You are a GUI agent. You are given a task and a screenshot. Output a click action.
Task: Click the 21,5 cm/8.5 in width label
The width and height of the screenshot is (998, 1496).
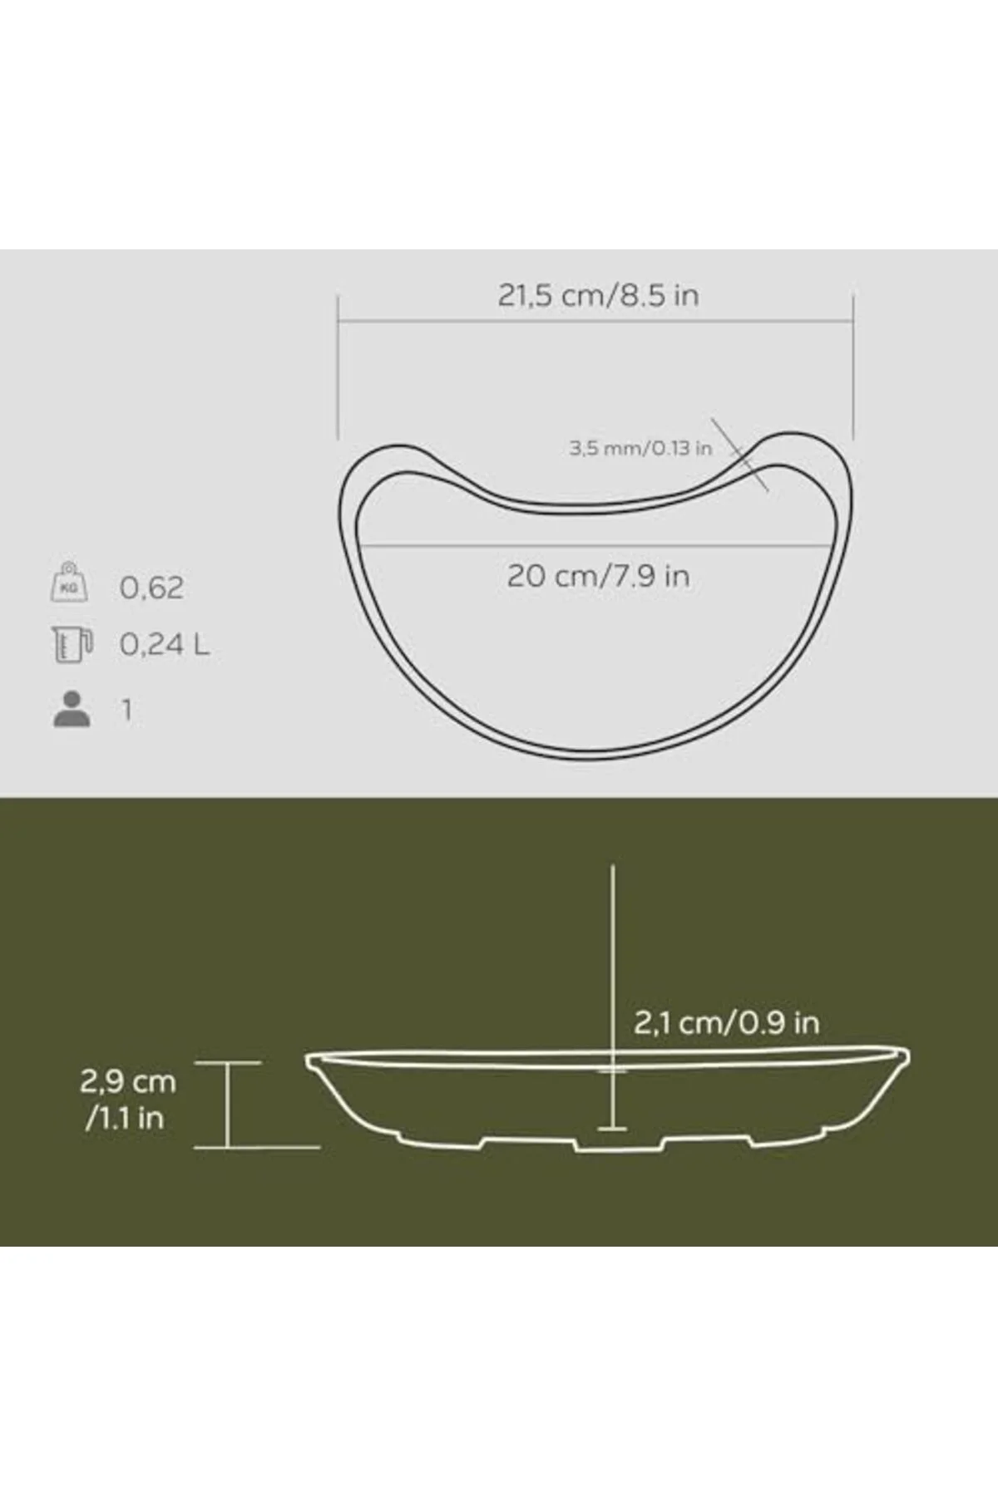tap(598, 296)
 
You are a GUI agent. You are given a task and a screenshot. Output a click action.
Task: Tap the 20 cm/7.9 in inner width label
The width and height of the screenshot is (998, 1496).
tap(598, 576)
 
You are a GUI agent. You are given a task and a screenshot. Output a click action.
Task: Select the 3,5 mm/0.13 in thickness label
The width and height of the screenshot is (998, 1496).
tap(640, 448)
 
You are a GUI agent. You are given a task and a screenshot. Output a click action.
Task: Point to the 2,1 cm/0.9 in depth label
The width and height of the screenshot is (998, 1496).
tap(726, 1022)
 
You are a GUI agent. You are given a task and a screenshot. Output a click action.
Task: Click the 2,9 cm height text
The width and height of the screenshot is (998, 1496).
tap(128, 1081)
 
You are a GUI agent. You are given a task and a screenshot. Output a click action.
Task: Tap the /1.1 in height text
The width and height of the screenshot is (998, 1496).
tap(124, 1118)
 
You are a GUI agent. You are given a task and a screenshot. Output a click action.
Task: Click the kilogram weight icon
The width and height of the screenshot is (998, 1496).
tap(69, 582)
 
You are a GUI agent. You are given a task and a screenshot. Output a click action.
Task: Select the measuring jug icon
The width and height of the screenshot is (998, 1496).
tap(72, 645)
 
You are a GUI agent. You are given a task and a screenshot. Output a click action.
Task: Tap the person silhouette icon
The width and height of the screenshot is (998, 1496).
tap(72, 709)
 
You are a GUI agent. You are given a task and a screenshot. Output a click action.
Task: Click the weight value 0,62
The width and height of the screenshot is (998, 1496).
tap(151, 588)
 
